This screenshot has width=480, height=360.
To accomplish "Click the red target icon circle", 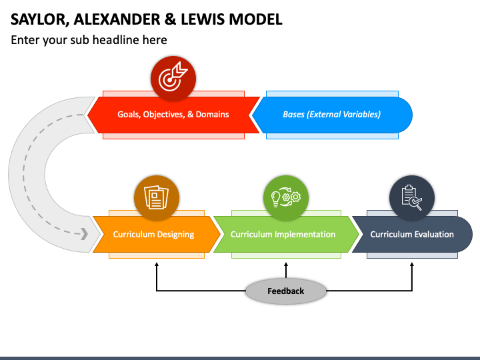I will (173, 79).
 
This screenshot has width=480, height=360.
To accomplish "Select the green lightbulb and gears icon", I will (286, 198).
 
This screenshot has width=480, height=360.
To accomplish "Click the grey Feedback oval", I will (285, 291).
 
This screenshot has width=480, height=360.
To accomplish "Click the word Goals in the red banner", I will (129, 115).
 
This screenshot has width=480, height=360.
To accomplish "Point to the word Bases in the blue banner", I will (293, 115).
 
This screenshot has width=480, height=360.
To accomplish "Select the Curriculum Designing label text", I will (153, 235).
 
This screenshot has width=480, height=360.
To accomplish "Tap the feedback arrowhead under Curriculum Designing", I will (157, 265).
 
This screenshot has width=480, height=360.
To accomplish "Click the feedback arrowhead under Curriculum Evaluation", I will (412, 265).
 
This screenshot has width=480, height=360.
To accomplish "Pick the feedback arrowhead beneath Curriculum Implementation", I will (286, 265).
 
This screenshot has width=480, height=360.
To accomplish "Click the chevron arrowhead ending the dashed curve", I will (84, 233).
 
